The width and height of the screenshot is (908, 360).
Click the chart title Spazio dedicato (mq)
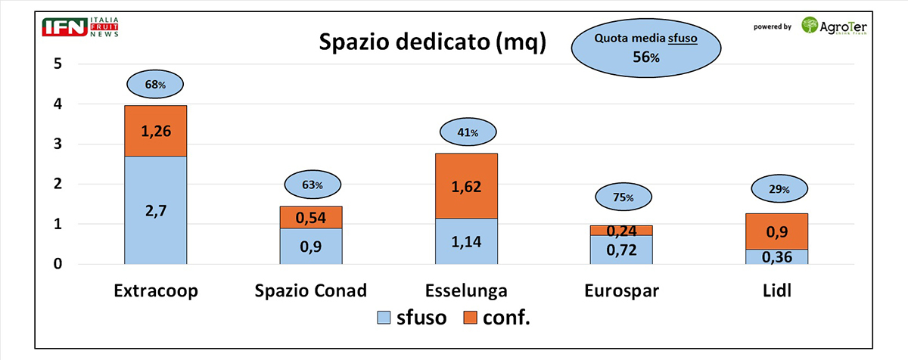coord(432,43)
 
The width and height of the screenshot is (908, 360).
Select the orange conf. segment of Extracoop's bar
coord(155,130)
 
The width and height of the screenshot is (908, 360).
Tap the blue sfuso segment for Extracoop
coord(155,209)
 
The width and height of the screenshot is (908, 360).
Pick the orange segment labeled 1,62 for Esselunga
coord(466,185)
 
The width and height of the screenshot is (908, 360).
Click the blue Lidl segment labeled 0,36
coord(777,256)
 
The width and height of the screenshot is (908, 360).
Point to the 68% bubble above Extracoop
coord(155,85)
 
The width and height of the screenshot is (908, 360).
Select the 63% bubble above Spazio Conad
coord(312,185)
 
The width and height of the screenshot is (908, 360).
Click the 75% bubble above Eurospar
coord(621,197)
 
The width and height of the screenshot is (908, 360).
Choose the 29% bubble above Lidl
coord(776,189)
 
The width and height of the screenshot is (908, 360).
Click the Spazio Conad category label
coord(312,290)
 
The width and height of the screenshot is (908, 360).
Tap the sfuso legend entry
coord(412,318)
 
